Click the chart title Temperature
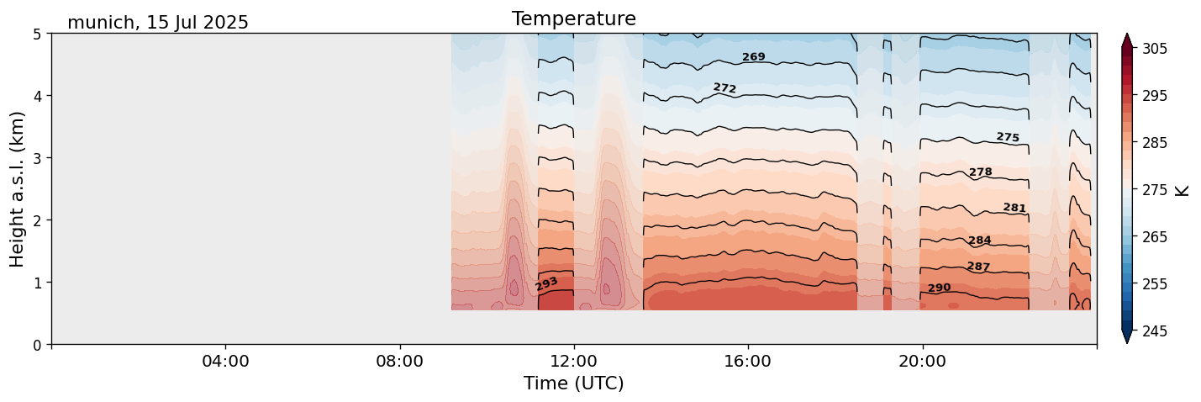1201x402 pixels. (573, 19)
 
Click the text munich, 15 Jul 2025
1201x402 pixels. (158, 23)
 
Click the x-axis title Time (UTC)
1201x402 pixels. (573, 383)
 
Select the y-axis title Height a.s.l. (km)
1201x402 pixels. (18, 188)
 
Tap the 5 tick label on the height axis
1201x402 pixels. (37, 34)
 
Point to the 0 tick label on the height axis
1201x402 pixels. (37, 344)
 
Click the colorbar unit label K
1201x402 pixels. (1183, 190)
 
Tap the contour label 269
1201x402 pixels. (753, 57)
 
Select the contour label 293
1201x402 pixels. (546, 284)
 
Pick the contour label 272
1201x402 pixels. (724, 88)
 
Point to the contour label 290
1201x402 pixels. (939, 288)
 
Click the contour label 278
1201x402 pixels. (980, 172)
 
